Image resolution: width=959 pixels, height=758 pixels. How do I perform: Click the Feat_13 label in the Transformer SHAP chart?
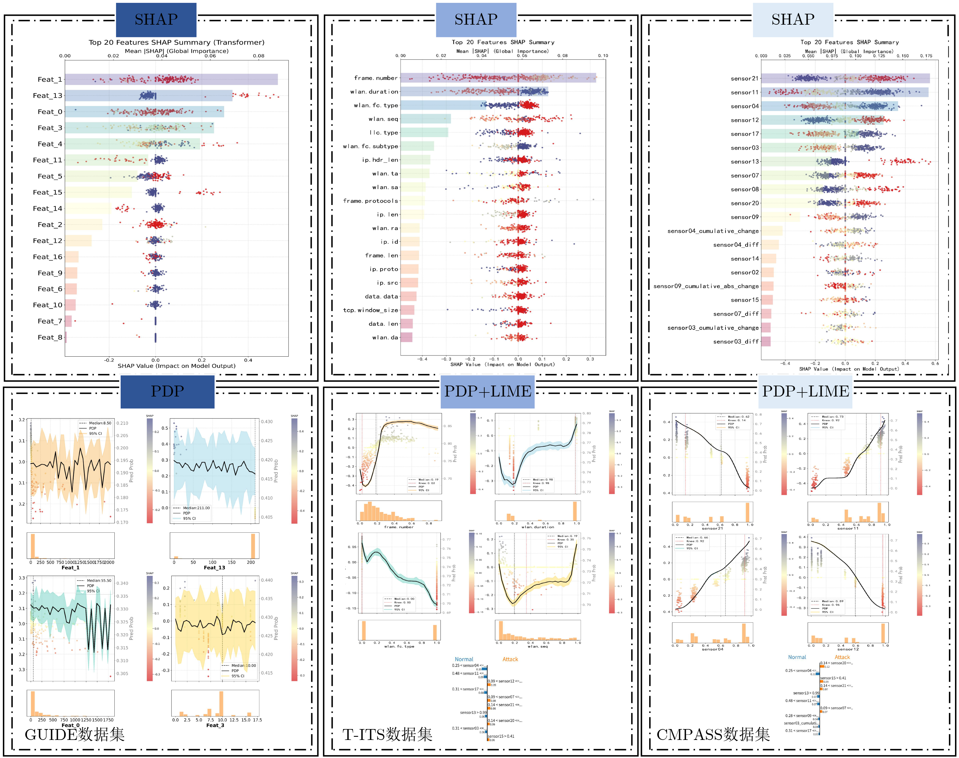point(48,95)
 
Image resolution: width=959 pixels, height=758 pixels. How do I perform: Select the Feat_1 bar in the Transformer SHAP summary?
point(171,79)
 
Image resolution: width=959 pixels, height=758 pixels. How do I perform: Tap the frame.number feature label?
point(376,78)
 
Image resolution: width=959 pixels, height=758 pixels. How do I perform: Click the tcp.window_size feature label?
point(370,310)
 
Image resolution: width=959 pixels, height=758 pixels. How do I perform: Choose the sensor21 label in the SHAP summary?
point(745,79)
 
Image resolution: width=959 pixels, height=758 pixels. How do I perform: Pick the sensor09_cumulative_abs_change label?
point(706,286)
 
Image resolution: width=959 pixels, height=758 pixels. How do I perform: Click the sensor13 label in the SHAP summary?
point(745,161)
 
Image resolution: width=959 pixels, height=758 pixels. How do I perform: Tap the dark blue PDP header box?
point(167,391)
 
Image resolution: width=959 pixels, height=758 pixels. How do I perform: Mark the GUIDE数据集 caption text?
point(75,734)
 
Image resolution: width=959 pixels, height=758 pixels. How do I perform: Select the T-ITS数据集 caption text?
point(387,734)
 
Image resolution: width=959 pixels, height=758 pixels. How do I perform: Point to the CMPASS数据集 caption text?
point(713,734)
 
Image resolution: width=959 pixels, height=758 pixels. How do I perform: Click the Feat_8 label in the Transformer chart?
point(50,337)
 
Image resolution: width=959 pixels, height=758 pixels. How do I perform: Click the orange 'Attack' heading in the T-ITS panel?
point(510,659)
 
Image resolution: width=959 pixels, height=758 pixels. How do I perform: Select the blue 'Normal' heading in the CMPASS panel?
point(797,657)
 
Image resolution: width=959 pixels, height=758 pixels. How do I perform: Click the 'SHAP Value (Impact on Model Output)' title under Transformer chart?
point(177,366)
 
